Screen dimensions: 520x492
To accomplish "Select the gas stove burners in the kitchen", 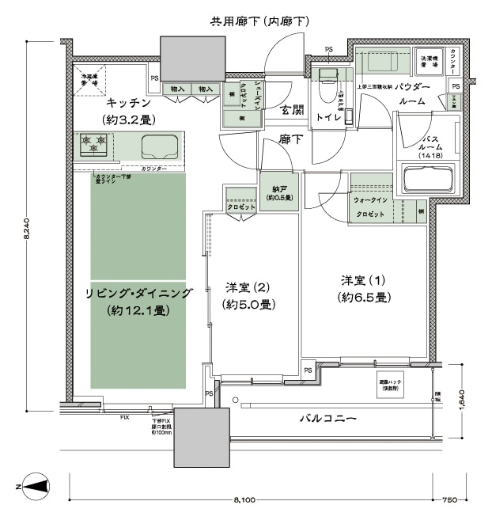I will coord(93,146).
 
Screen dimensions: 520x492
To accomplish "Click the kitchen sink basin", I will coord(159,146).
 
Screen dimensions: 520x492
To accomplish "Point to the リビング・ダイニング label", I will coord(138,293).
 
